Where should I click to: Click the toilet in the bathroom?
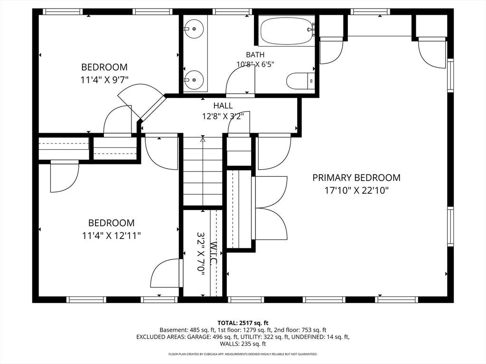[x=300, y=81]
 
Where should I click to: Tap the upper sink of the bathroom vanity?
[x=194, y=28]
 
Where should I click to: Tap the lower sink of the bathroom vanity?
[x=194, y=80]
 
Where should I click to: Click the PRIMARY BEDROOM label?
[x=356, y=178]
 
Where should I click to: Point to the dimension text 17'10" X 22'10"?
[x=356, y=190]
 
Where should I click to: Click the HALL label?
[x=223, y=106]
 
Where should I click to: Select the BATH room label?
[x=255, y=55]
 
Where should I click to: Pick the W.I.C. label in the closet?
[x=213, y=253]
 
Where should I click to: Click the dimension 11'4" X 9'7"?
[x=104, y=80]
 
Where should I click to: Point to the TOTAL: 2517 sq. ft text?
[x=243, y=323]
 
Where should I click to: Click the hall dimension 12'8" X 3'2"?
[x=223, y=117]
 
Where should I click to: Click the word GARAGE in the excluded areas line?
[x=199, y=337]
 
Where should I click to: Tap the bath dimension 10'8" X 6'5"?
[x=255, y=64]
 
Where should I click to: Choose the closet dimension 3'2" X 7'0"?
[x=201, y=253]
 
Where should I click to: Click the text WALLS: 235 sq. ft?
[x=243, y=344]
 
